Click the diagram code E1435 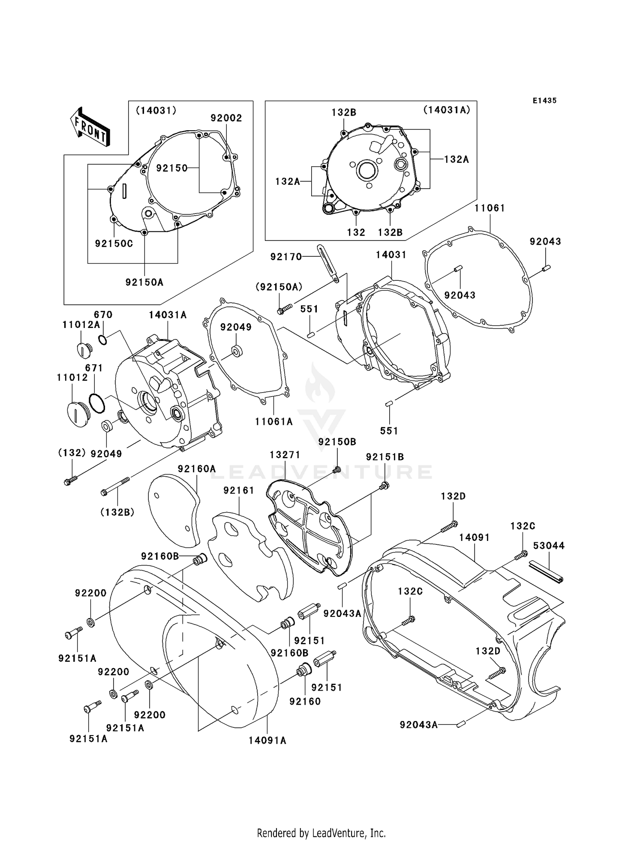(x=544, y=101)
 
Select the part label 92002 (x=226, y=118)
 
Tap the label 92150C (x=114, y=243)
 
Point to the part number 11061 (x=490, y=208)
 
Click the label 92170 (x=286, y=257)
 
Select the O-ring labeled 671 (x=97, y=403)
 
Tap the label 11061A (x=274, y=422)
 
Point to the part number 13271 (x=285, y=454)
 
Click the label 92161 (x=239, y=490)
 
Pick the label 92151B (x=385, y=457)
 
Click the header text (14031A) (x=447, y=110)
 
